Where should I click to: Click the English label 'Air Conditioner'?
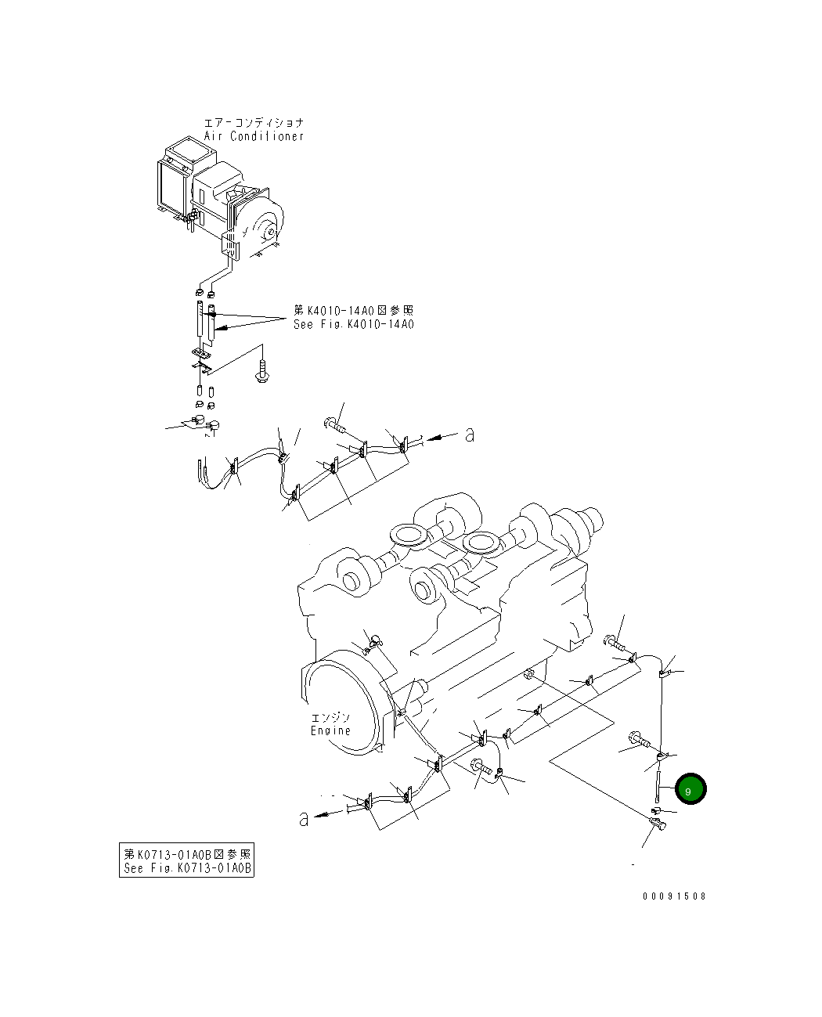253,136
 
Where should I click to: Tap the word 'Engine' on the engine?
330,730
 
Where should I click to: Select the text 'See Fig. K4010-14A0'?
354,324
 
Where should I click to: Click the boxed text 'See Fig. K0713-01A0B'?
187,868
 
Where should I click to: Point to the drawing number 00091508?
674,896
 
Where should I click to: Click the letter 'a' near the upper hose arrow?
469,435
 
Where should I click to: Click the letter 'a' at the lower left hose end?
304,819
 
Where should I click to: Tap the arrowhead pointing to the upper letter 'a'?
433,438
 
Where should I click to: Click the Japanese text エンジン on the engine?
330,717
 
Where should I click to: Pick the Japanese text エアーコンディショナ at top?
254,123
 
